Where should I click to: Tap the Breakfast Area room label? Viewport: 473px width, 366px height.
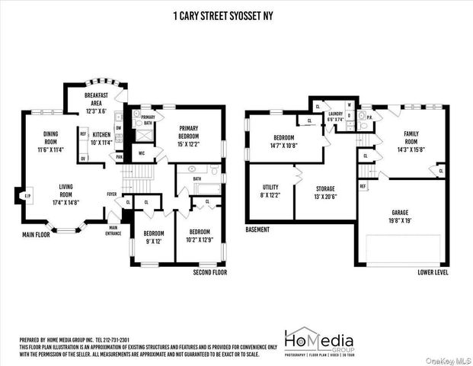[97, 103]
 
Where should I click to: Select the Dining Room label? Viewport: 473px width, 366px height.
[51, 141]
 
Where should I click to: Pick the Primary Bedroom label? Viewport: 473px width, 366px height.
[188, 132]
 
